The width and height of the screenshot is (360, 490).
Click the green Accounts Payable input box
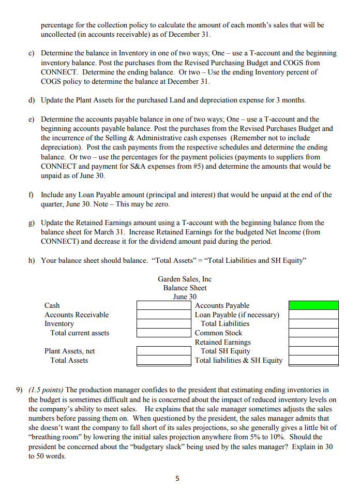[x=313, y=305]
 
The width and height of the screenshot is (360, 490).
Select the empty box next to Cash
[x=162, y=305]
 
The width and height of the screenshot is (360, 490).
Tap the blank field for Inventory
[x=162, y=323]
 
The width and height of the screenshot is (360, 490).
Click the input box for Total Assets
[x=162, y=360]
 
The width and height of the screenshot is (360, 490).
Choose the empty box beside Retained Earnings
[x=313, y=342]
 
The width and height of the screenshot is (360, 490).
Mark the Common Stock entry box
[x=313, y=333]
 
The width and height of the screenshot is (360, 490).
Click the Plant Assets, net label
[x=69, y=351]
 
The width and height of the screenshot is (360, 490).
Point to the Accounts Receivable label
[x=77, y=315]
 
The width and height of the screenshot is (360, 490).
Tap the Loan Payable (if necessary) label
[x=237, y=315]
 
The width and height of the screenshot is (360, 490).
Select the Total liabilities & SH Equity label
[x=238, y=360]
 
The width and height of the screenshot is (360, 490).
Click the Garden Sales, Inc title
[x=185, y=279]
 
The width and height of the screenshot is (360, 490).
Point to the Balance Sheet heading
[x=185, y=288]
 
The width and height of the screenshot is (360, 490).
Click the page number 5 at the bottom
[x=177, y=479]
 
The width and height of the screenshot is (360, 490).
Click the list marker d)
[x=32, y=99]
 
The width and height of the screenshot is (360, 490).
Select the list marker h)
[x=32, y=260]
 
